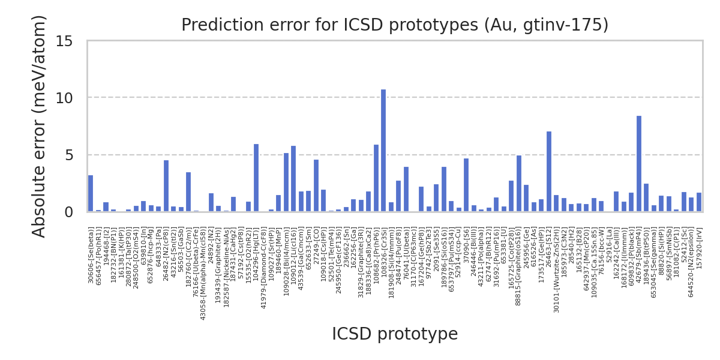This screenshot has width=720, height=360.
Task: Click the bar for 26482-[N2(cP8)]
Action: (166, 186)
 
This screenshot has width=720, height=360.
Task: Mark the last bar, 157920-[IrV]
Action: (699, 202)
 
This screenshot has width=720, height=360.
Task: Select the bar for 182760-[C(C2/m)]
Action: (188, 192)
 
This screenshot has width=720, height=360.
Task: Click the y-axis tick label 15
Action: (64, 41)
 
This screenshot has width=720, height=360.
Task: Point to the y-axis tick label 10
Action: (64, 98)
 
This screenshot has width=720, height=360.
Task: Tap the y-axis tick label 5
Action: (68, 155)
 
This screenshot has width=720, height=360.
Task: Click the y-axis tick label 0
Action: (68, 212)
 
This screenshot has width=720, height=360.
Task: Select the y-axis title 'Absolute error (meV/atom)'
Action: (40, 126)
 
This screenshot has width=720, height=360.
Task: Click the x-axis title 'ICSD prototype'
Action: (395, 334)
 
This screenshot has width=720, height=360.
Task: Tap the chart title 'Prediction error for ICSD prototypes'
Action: (395, 25)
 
